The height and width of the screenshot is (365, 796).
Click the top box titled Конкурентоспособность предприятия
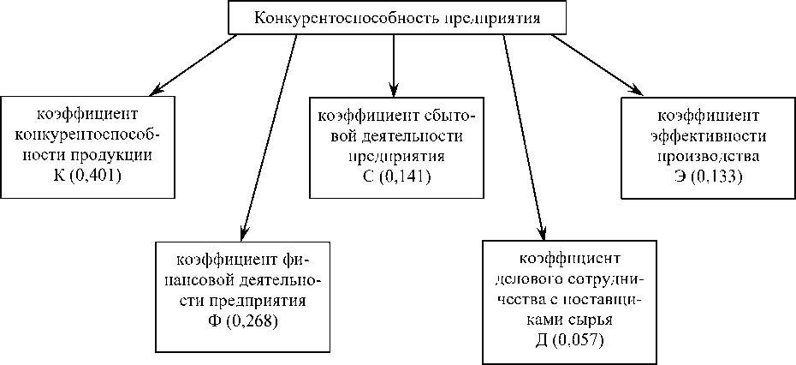click(x=397, y=17)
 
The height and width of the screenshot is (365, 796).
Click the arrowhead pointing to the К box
click(x=157, y=89)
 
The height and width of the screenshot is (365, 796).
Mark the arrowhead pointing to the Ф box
click(x=244, y=232)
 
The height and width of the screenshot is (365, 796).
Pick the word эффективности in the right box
click(x=708, y=135)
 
